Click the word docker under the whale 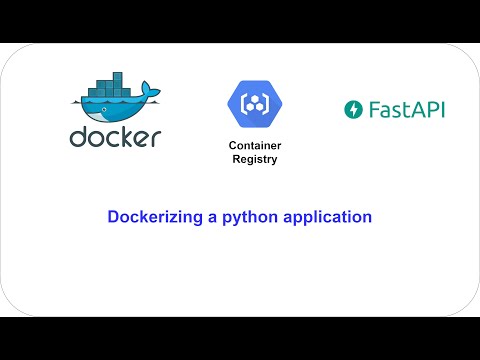point(115,136)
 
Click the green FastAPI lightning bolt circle point(352,109)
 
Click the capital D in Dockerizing point(113,216)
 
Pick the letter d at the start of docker point(78,135)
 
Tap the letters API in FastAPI point(428,109)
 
